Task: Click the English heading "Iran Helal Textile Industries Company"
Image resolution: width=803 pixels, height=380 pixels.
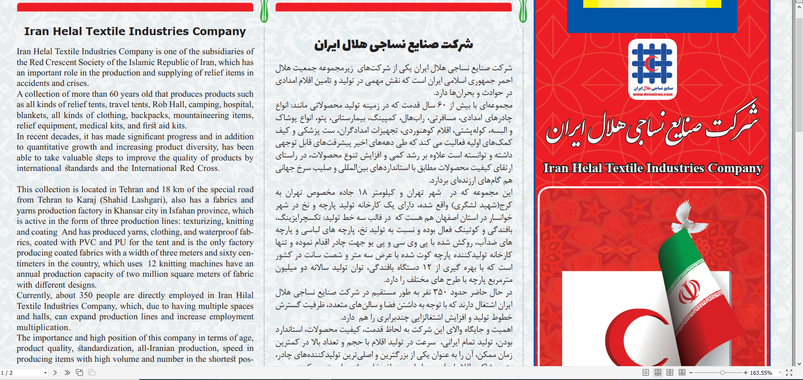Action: tap(135, 31)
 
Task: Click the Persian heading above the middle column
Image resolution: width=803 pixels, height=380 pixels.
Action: tap(393, 44)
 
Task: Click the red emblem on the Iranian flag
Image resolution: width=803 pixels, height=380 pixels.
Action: tap(689, 292)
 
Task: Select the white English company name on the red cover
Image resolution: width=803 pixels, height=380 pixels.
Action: tap(652, 168)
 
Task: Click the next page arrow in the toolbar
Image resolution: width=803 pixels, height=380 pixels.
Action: tap(55, 373)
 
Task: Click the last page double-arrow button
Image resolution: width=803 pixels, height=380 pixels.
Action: tap(67, 373)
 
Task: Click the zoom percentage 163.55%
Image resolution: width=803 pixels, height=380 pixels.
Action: tap(761, 373)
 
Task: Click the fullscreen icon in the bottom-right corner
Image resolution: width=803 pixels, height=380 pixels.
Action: tap(789, 373)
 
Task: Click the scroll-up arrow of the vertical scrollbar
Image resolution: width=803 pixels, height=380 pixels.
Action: tap(799, 3)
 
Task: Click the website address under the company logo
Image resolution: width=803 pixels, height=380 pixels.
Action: tap(652, 94)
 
